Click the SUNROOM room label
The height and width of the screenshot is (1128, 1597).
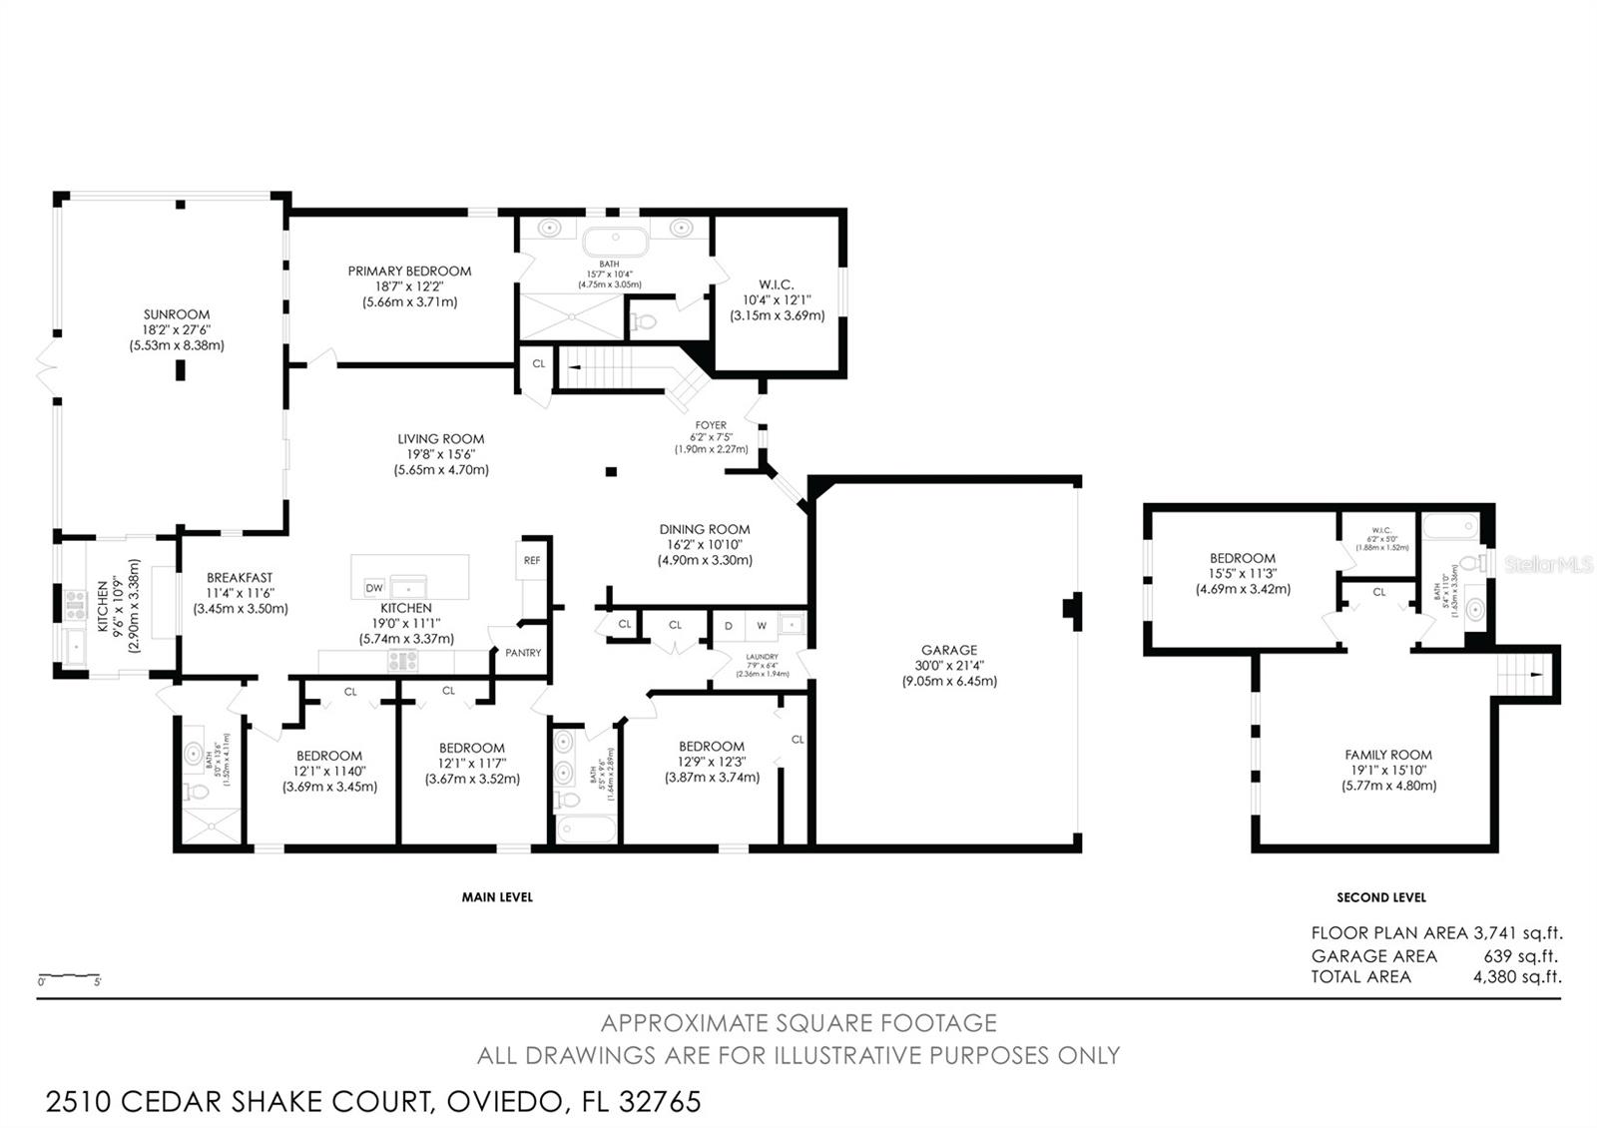[x=177, y=314]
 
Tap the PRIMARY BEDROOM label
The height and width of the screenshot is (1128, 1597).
[x=409, y=272]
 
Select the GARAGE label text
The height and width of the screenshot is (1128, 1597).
[x=948, y=650]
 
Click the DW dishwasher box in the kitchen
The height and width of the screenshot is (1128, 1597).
[x=374, y=588]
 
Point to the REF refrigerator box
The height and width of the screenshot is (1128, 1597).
[x=532, y=561]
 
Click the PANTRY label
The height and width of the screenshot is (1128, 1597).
[x=523, y=653]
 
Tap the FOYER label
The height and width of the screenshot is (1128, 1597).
[x=711, y=425]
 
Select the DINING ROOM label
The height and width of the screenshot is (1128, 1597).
[x=705, y=530]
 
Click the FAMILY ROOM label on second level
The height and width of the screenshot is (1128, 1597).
[x=1388, y=756]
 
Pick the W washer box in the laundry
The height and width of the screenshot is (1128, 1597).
[x=762, y=626]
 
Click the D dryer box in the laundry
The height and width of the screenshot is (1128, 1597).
[x=729, y=626]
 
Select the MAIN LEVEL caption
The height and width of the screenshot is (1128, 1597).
[x=497, y=897]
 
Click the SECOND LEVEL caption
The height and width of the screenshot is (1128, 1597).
[x=1381, y=897]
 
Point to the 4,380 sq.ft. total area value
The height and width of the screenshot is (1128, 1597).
[x=1517, y=977]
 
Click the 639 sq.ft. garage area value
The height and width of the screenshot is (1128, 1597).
[x=1520, y=955]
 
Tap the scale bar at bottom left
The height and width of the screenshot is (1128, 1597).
[x=70, y=975]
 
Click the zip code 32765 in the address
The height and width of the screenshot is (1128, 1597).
[x=660, y=1102]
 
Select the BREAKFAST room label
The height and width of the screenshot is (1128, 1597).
[x=240, y=578]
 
